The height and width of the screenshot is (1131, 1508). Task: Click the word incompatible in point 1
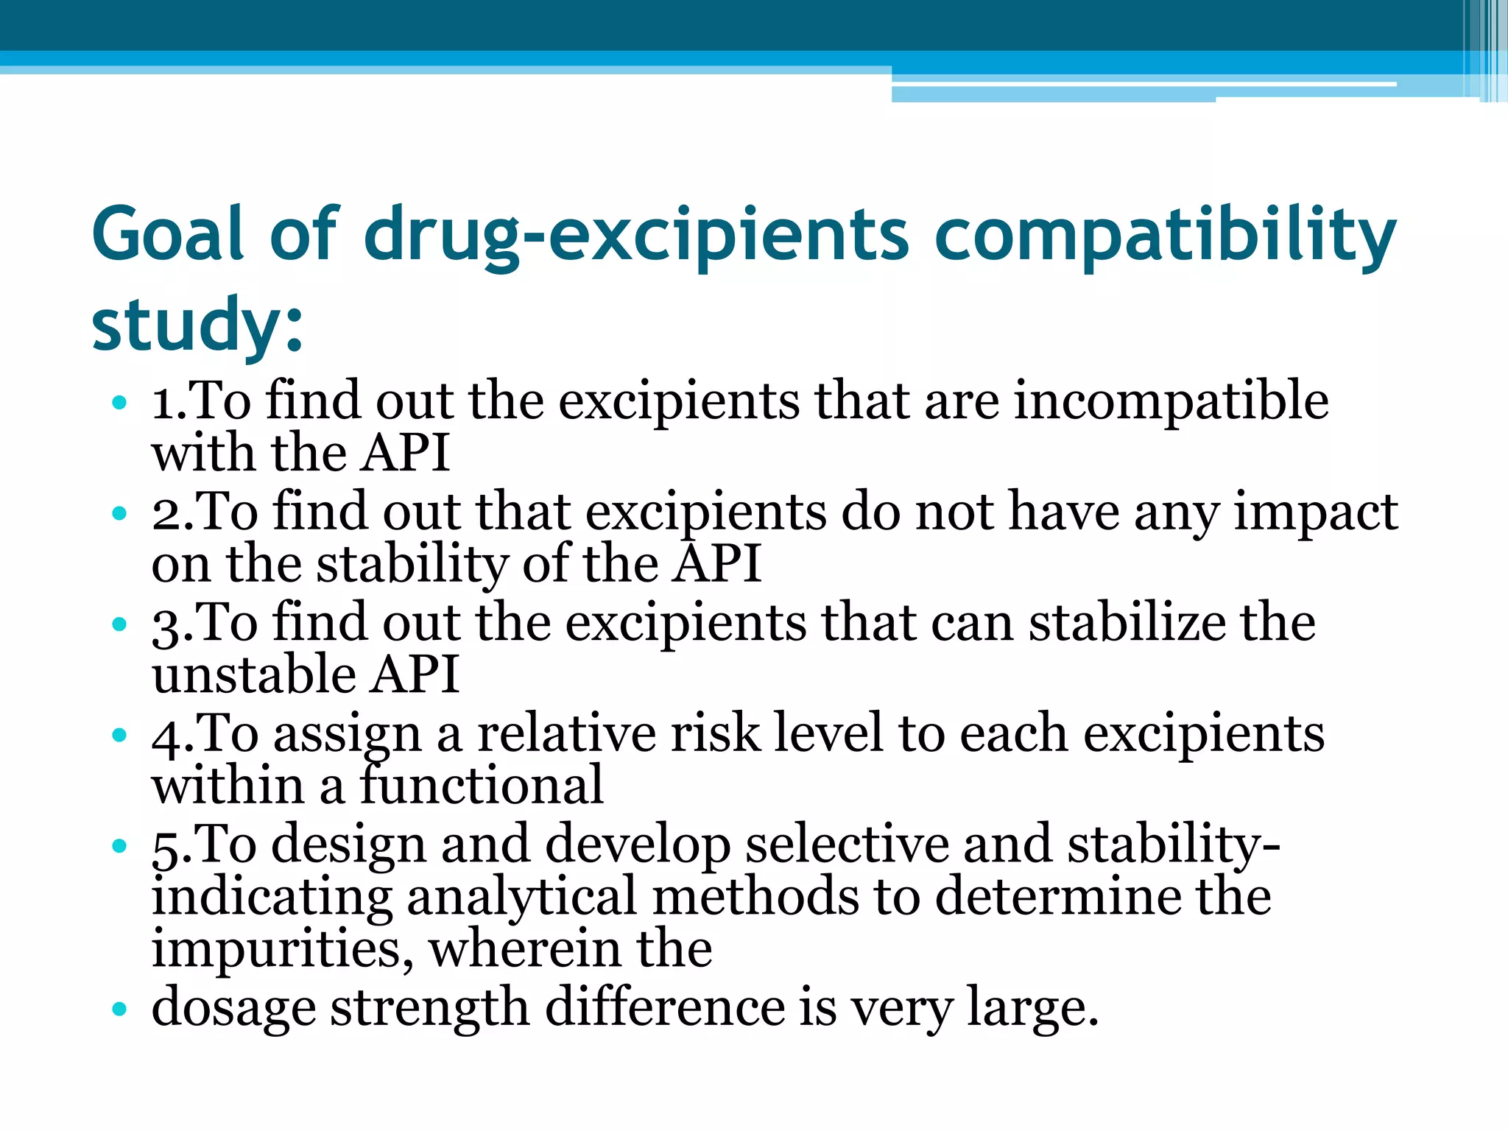coord(1171,401)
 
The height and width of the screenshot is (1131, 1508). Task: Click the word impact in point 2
coord(1315,513)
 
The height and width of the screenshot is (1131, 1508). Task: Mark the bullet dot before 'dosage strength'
coord(119,1008)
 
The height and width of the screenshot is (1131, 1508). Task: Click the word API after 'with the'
coord(406,454)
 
